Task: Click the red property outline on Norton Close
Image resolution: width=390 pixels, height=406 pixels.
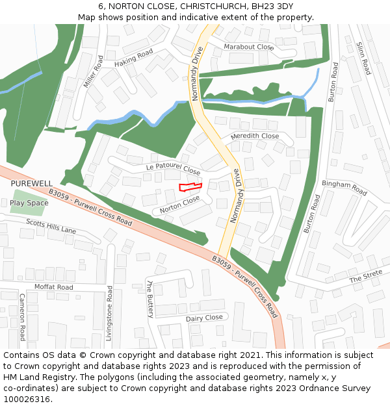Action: click(190, 187)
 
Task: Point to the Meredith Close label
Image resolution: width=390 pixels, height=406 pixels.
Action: click(255, 136)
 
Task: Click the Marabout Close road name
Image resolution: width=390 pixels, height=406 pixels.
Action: click(249, 47)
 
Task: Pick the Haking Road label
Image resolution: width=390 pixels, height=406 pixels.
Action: click(133, 58)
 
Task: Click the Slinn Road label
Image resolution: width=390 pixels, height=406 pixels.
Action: click(363, 58)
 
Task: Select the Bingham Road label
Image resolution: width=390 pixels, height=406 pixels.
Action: click(344, 188)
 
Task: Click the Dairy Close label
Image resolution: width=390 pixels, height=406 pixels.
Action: click(204, 318)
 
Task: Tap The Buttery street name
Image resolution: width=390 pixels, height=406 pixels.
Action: click(150, 299)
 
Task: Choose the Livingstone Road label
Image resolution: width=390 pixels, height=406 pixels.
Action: click(110, 312)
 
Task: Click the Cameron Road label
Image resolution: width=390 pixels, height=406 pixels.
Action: click(22, 316)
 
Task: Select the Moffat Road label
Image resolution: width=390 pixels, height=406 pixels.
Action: click(54, 286)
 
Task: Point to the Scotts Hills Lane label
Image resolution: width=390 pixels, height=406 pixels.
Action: click(51, 227)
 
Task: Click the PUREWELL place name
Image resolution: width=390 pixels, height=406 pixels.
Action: click(31, 184)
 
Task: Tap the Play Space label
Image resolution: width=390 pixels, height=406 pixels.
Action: click(29, 203)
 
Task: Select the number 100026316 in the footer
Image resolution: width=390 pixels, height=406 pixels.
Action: click(27, 400)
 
